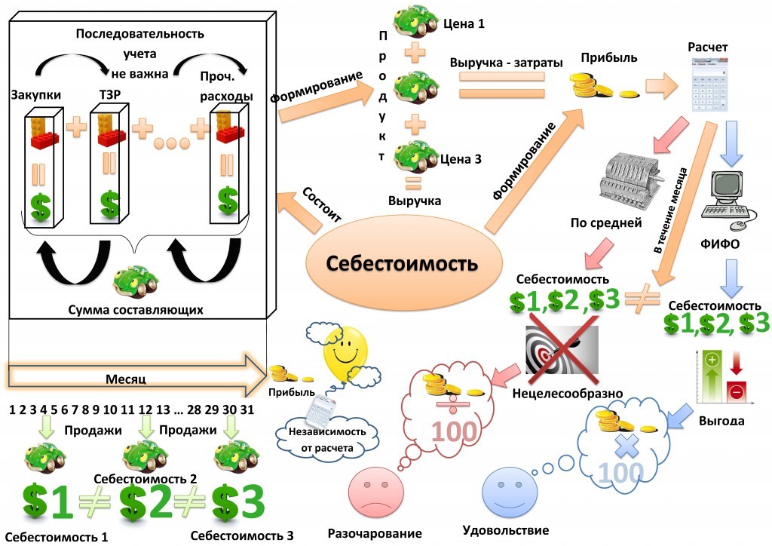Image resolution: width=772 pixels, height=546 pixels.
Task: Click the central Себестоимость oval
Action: pyautogui.click(x=401, y=264)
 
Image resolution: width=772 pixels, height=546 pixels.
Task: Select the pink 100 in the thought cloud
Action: pyautogui.click(x=453, y=431)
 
